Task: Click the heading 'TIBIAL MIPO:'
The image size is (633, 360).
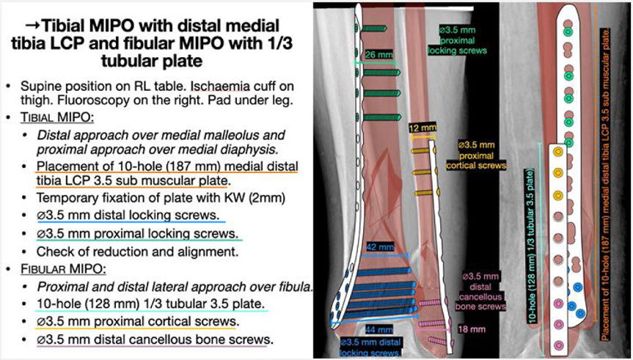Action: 51,117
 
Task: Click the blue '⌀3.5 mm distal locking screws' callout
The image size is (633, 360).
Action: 371,347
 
